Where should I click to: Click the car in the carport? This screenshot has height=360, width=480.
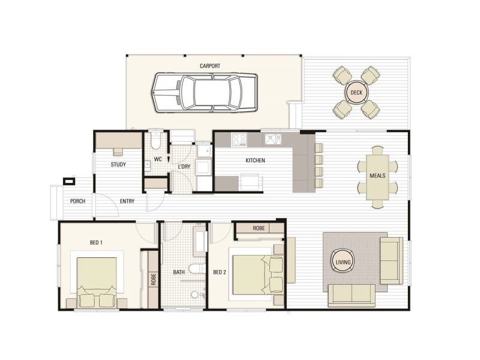click(204, 93)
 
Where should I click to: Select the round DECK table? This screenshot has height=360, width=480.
click(356, 92)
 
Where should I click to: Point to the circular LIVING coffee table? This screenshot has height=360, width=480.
click(343, 261)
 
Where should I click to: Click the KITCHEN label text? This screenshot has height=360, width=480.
click(255, 161)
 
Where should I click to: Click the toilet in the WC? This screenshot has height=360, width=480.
click(155, 140)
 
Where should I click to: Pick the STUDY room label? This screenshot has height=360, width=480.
click(118, 164)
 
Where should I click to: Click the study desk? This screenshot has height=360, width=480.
click(118, 142)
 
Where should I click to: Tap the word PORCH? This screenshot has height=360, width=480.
click(77, 201)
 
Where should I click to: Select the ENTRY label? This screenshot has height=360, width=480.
click(127, 201)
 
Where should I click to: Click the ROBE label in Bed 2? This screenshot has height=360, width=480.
click(259, 229)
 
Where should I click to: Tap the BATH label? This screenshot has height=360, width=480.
click(179, 272)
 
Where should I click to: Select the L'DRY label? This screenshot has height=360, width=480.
click(184, 166)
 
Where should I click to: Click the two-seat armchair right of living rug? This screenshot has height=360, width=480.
click(392, 260)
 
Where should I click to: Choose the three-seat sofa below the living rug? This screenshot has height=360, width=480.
click(351, 295)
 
